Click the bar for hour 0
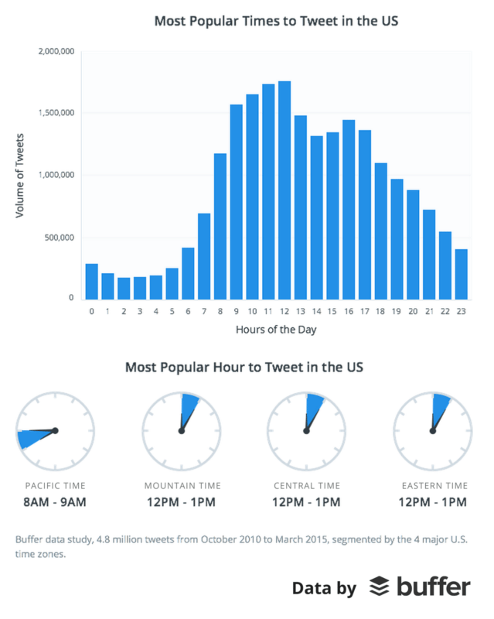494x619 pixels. click(x=92, y=282)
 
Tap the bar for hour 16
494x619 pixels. click(x=349, y=210)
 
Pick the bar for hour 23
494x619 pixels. click(x=462, y=274)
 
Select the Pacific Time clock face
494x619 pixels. click(x=55, y=430)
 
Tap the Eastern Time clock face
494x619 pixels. click(x=432, y=430)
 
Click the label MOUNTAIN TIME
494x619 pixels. click(x=182, y=486)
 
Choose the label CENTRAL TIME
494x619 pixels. click(x=307, y=486)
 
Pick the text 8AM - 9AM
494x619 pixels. click(x=56, y=503)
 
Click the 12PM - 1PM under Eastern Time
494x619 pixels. click(x=432, y=503)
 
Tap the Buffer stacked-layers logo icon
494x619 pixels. click(x=378, y=587)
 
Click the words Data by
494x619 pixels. click(x=325, y=588)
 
